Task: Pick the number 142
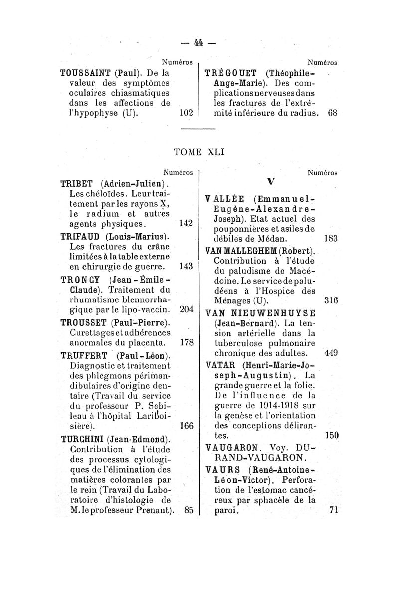point(185,224)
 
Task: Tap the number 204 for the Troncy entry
point(185,309)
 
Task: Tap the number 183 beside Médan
point(332,239)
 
